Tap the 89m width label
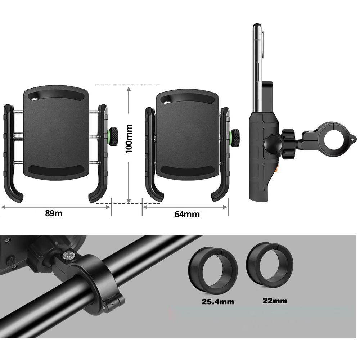54,213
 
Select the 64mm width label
187,214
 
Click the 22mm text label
275,301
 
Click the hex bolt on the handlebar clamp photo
67,255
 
